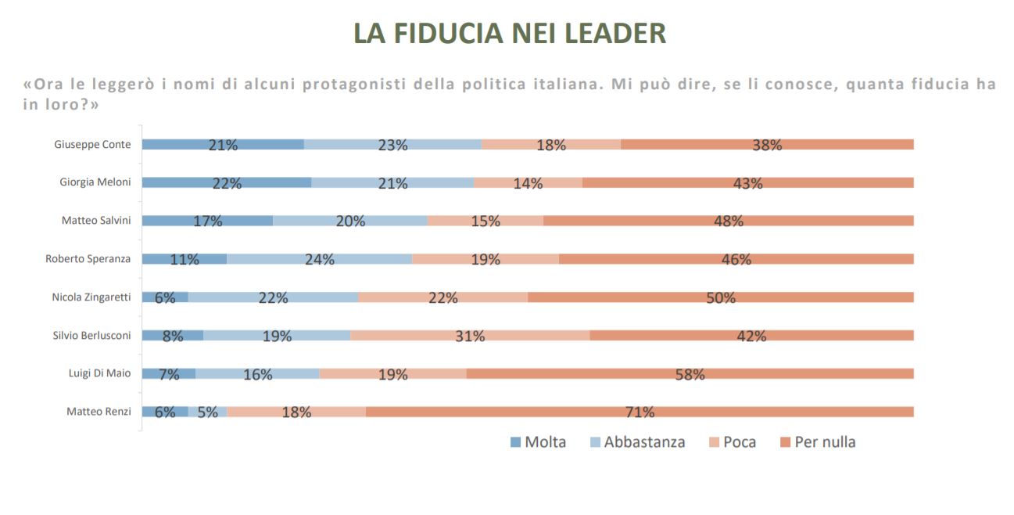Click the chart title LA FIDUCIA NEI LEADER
coord(510,33)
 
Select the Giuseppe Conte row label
coord(92,144)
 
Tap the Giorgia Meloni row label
coord(95,182)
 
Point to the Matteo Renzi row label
coord(99,412)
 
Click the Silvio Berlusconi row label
coord(91,335)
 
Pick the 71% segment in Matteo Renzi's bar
coord(640,412)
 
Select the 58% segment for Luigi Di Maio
coord(690,374)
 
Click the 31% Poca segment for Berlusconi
coord(470,336)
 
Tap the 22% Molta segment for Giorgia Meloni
coord(227,183)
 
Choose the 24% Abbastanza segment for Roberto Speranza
coord(319,259)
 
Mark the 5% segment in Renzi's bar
coord(207,412)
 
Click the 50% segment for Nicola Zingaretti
coord(720,297)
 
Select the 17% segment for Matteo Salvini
coord(207,221)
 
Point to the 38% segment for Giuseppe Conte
coord(767,145)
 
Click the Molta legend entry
coord(538,442)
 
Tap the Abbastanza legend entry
coord(636,442)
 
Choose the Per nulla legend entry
coord(817,442)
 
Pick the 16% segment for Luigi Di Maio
coord(257,374)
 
